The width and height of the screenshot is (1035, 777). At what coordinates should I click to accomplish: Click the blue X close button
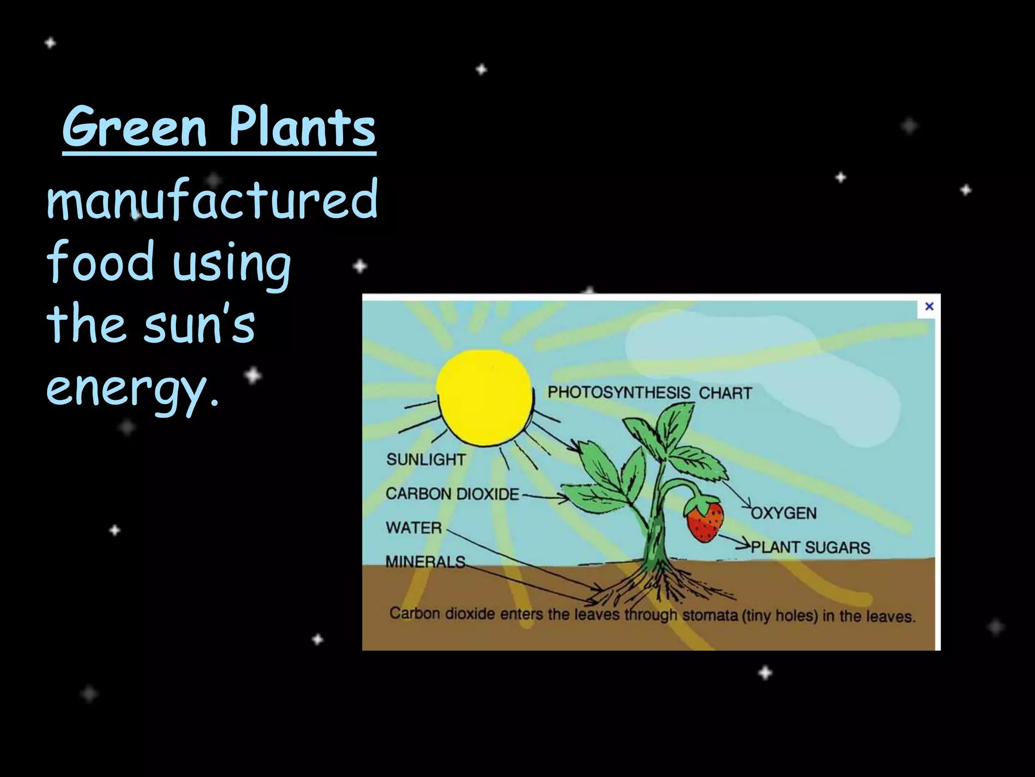pos(929,307)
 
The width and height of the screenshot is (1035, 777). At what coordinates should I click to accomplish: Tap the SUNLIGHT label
pos(426,459)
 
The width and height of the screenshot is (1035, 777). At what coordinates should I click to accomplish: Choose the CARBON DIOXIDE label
pos(452,494)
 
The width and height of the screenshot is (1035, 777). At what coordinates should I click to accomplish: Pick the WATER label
pos(413,528)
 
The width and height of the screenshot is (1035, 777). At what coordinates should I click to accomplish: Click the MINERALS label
pos(425,562)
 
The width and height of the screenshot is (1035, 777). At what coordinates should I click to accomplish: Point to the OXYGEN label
pos(784,513)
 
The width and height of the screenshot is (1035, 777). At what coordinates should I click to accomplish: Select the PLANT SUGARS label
pos(810,547)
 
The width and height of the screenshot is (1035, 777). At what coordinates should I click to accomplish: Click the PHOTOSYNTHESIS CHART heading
pos(649,393)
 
